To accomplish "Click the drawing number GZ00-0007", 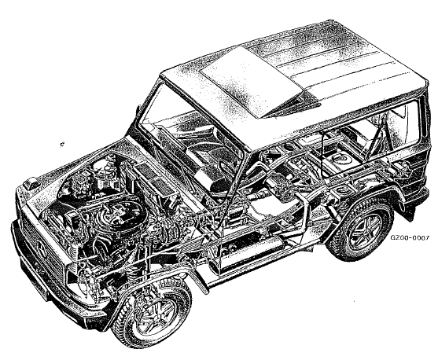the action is [x=409, y=237].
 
